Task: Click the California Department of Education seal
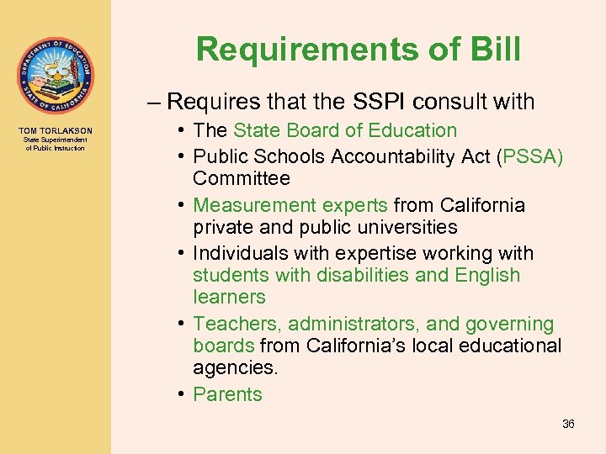point(55,77)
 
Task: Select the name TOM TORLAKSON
point(56,130)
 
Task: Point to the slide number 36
point(568,424)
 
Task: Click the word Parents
point(227,394)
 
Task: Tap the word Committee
point(241,178)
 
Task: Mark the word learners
point(229,297)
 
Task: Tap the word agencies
point(235,367)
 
